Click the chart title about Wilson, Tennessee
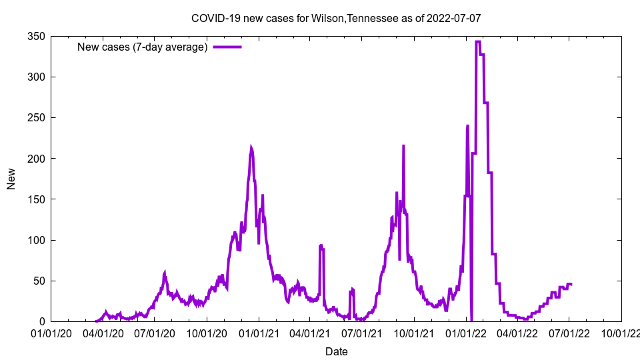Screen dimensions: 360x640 click(336, 18)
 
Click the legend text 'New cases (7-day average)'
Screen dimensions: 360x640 click(143, 47)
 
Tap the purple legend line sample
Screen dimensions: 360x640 click(227, 47)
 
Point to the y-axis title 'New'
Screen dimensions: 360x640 click(11, 179)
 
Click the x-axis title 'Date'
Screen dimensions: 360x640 click(336, 351)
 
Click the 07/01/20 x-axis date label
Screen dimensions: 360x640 click(155, 332)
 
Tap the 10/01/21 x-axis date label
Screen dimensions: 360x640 click(414, 332)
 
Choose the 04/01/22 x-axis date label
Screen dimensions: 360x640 click(517, 332)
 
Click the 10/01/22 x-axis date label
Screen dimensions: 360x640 click(621, 332)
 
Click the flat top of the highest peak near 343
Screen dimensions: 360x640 click(478, 41)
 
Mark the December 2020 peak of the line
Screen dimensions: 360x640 click(251, 148)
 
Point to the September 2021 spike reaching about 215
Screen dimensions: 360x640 click(403, 145)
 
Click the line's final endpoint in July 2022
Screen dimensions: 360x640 click(571, 284)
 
